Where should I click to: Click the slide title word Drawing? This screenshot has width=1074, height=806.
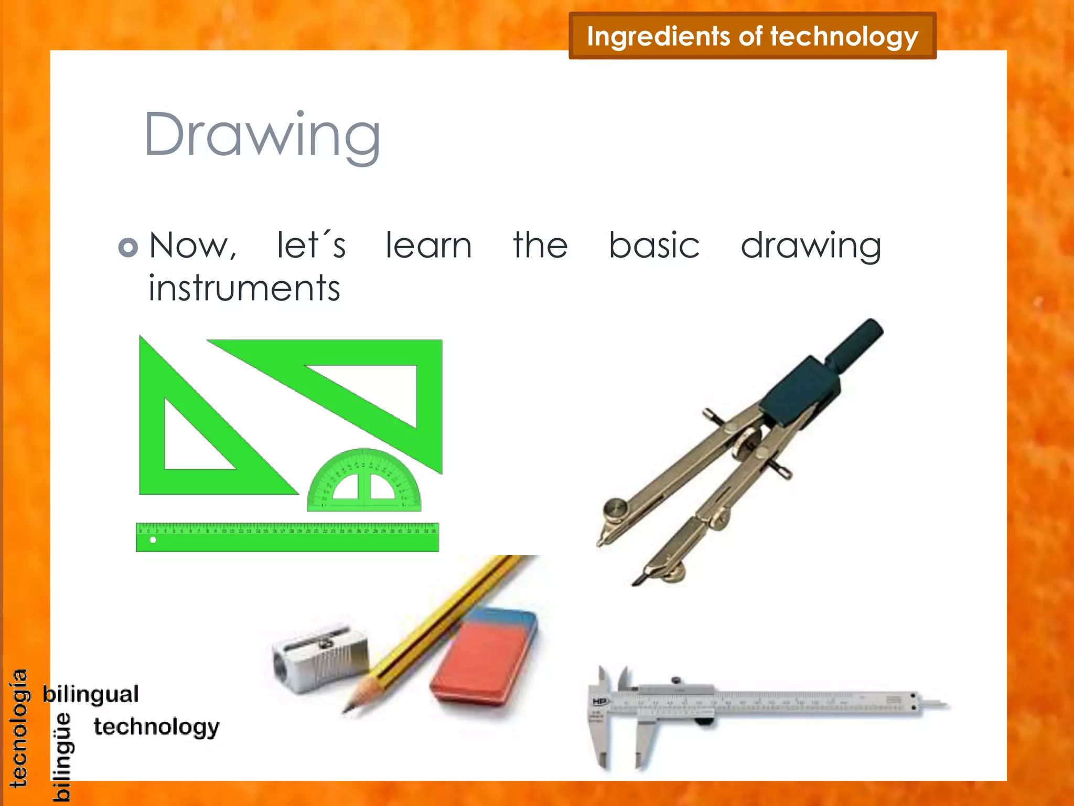tap(262, 135)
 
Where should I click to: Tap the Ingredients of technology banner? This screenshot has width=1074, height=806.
tap(752, 36)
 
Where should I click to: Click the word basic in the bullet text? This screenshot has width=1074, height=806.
tap(654, 246)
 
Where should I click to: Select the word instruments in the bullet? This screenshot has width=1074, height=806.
tap(244, 289)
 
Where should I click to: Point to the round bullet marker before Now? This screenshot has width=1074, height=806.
tap(128, 247)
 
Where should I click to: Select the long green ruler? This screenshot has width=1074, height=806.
tap(287, 537)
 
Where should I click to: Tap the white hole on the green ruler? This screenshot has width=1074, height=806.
tap(153, 540)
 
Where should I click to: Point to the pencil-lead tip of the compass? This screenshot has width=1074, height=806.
tap(636, 582)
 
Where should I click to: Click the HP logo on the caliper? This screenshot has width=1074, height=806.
tap(599, 701)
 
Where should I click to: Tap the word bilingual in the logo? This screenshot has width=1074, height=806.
tap(91, 694)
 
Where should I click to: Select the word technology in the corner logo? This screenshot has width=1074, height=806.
tap(156, 727)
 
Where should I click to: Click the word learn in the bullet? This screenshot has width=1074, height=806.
tap(428, 246)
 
